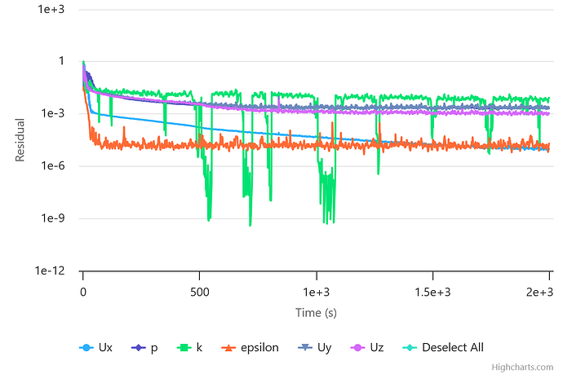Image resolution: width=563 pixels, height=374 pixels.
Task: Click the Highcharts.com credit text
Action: tap(523, 368)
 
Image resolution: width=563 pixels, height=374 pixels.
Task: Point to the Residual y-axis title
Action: tap(21, 139)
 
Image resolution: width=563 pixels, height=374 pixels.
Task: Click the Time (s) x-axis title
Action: tap(316, 313)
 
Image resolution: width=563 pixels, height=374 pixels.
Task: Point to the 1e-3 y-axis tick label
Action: tap(53, 113)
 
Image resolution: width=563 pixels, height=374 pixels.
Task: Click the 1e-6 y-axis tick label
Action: tap(53, 166)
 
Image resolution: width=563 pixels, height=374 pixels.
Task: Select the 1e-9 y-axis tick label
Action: tap(53, 218)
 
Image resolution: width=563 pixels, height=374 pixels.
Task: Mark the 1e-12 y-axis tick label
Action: tap(51, 271)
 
